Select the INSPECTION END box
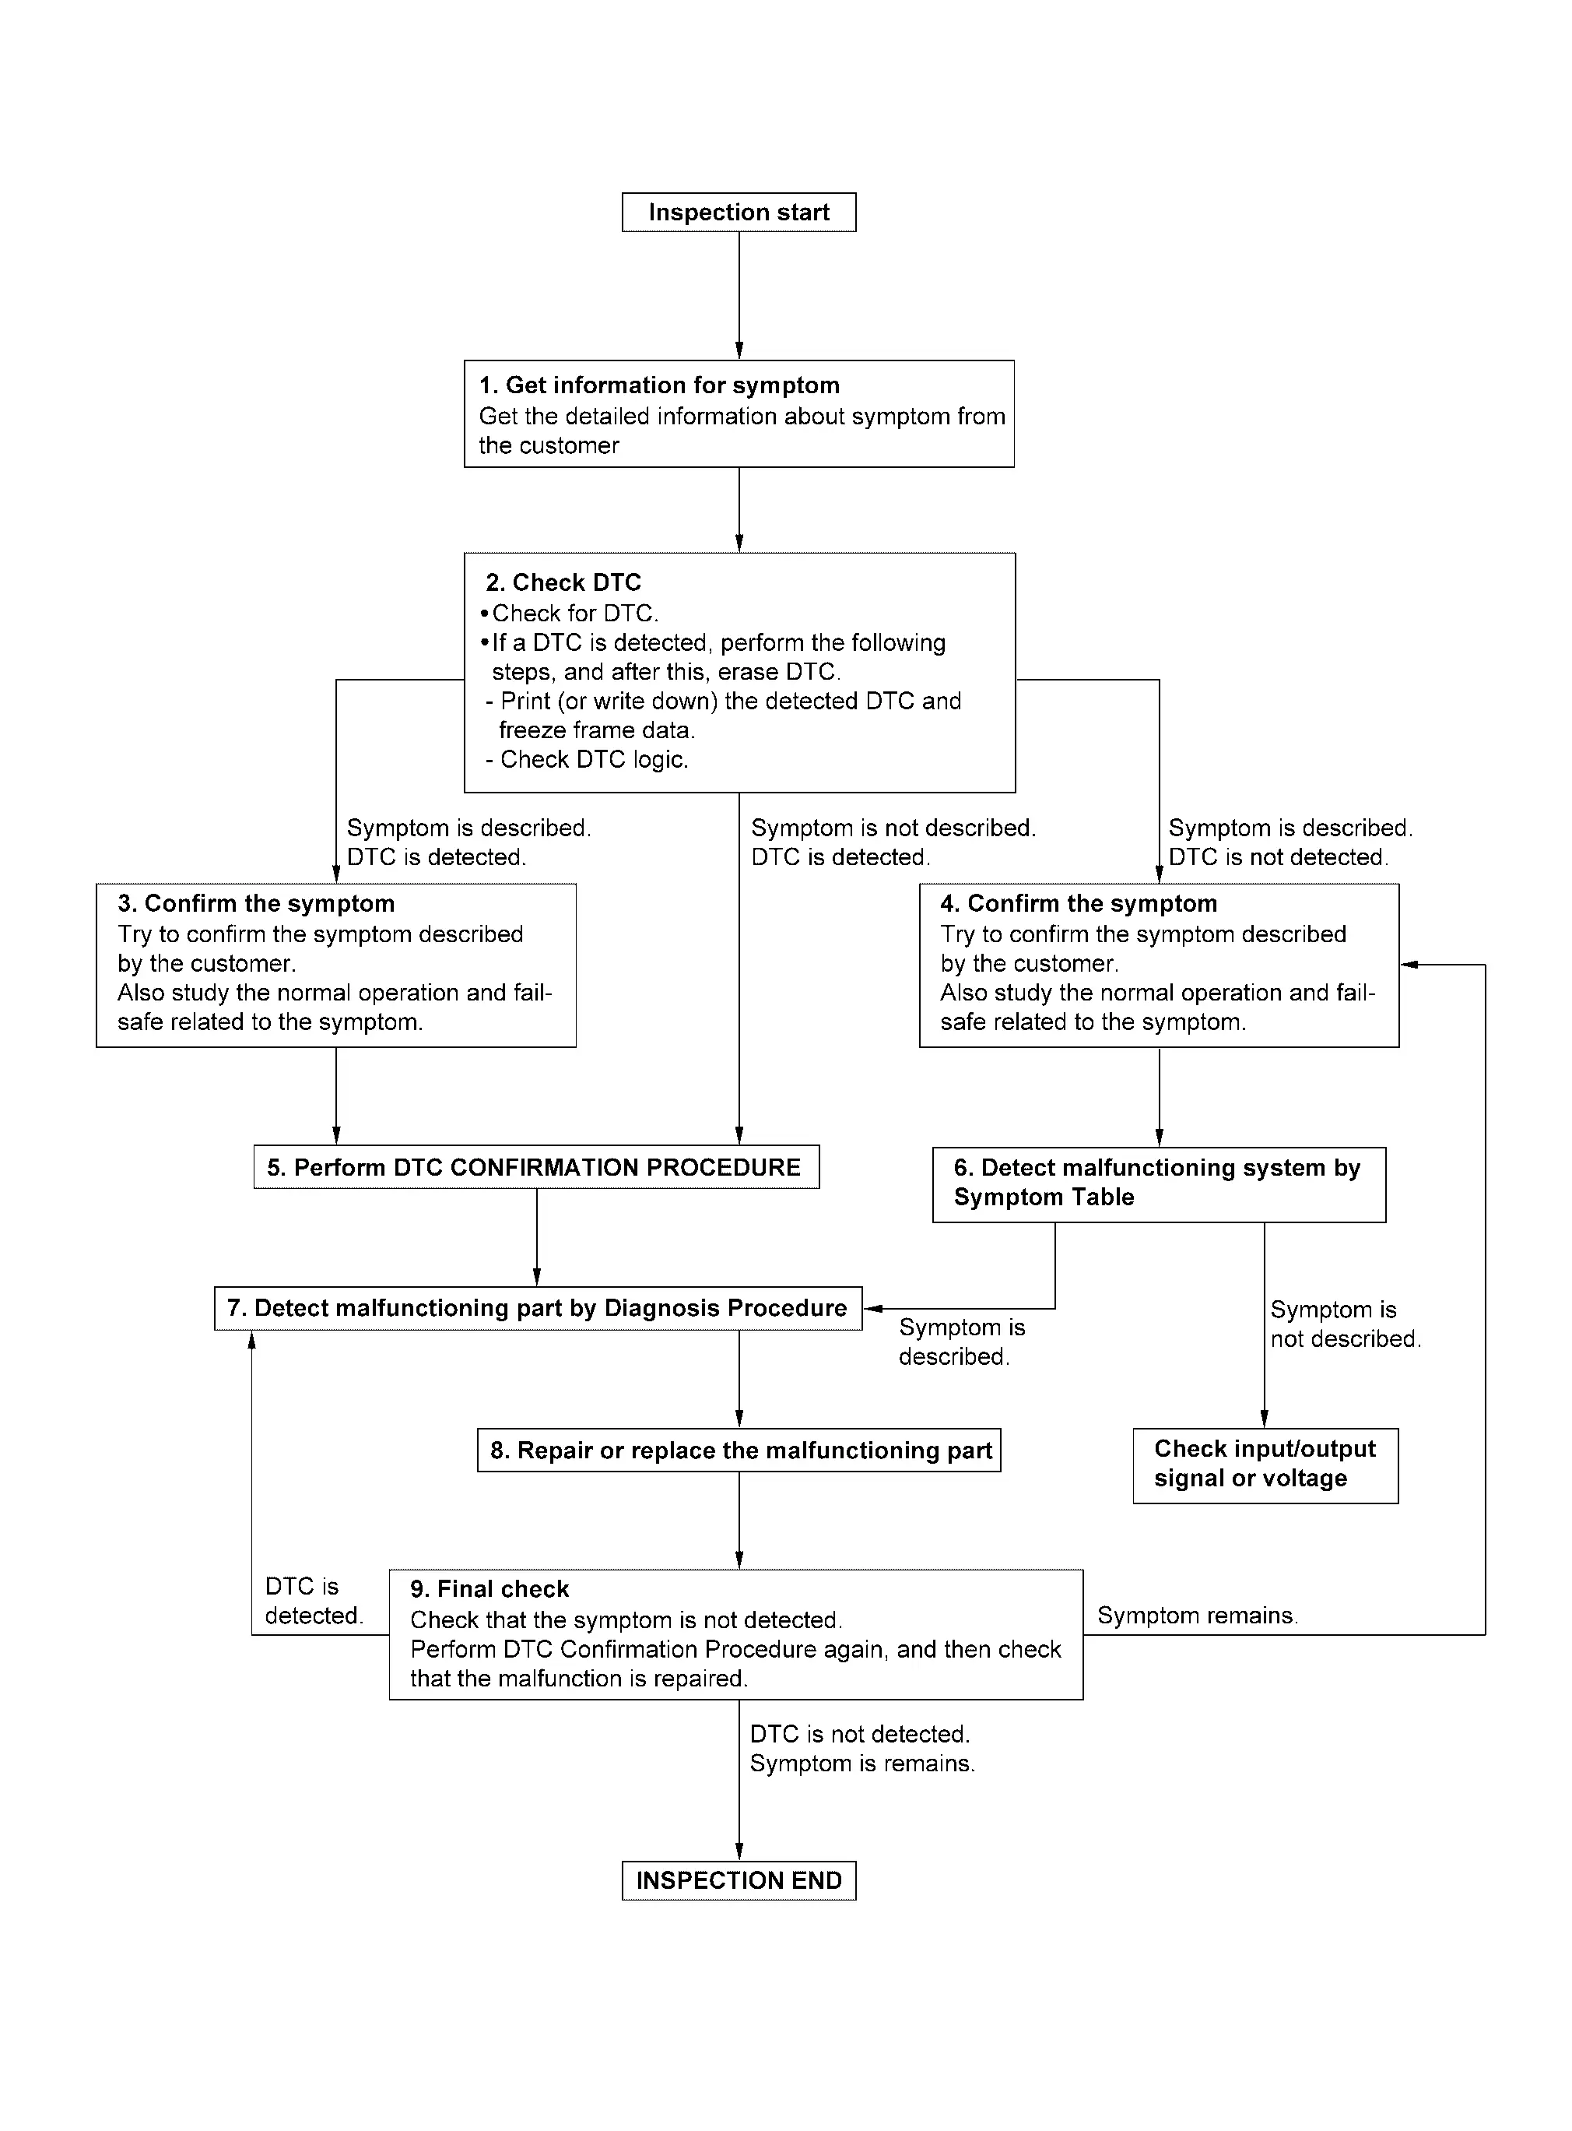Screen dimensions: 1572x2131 click(739, 1881)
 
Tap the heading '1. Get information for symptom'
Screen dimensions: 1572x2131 click(659, 385)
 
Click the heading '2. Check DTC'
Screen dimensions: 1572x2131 click(563, 582)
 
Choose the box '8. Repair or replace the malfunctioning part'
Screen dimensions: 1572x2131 click(739, 1451)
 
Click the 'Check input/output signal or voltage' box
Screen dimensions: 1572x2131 click(1265, 1466)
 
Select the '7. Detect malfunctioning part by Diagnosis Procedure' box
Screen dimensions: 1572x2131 click(538, 1309)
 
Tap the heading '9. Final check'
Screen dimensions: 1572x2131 click(489, 1589)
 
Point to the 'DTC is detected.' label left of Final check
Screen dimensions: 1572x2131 click(314, 1601)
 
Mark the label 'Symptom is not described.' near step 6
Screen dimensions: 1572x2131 click(1346, 1324)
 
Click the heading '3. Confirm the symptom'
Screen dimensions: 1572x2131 click(256, 903)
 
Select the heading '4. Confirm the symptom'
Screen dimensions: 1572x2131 click(1079, 903)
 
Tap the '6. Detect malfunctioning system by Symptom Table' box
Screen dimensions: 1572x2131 click(1159, 1184)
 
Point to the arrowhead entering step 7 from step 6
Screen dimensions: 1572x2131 click(871, 1309)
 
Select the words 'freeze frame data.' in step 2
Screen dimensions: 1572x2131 click(598, 730)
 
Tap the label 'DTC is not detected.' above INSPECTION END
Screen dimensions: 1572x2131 click(859, 1734)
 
